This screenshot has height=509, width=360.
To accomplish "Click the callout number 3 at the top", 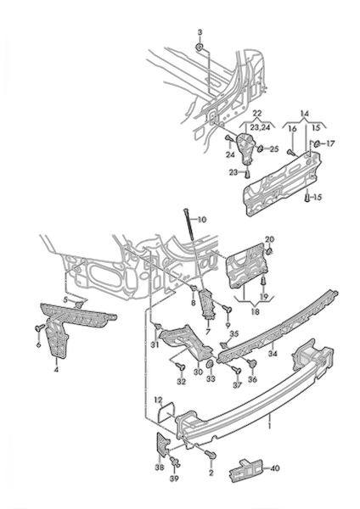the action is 200,32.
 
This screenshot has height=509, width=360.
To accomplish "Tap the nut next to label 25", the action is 261,148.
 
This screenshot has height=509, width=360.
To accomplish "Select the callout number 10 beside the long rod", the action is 201,220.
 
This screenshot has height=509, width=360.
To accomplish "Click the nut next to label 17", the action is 317,143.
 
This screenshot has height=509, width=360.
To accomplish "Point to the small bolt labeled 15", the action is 307,197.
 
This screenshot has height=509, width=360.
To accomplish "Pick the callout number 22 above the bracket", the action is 256,114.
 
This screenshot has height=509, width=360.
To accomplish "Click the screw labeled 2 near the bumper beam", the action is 211,455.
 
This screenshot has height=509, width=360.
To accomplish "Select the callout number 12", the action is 158,401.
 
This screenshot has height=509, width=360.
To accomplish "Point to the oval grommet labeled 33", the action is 211,363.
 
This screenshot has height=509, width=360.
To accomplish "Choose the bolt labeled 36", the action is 252,364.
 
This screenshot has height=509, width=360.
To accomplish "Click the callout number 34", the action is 273,353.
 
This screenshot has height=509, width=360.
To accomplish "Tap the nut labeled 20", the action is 269,251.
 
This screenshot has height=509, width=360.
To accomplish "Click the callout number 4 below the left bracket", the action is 56,369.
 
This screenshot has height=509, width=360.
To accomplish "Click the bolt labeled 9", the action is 227,309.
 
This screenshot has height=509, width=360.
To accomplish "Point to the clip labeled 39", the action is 174,461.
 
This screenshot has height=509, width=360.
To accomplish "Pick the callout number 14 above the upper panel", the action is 305,114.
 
